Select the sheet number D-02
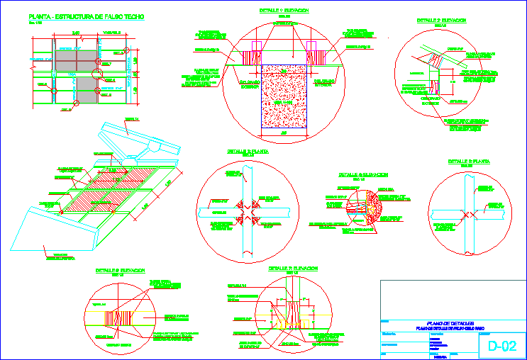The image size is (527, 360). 501,347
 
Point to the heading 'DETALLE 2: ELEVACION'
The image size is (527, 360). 441,21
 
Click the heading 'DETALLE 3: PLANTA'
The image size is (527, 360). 248,152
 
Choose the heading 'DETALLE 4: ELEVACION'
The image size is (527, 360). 361,174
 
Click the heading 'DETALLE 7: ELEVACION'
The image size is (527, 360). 293,269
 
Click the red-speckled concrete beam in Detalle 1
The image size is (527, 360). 283,96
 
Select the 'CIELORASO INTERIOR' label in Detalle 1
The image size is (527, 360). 325,82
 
